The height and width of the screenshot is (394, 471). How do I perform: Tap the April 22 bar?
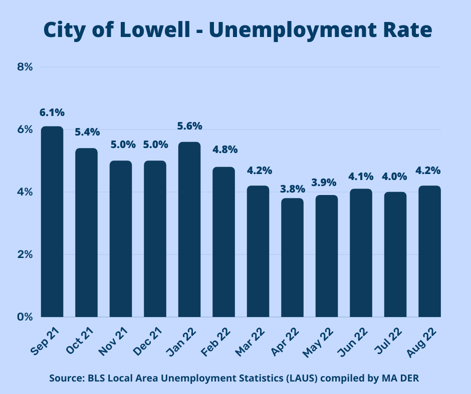coord(292,257)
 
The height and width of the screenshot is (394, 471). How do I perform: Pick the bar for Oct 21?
coord(86,232)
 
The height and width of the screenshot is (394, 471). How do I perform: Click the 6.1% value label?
coord(52,113)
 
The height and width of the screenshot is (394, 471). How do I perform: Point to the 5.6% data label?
coord(189,126)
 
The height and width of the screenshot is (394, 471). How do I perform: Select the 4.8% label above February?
coord(223,149)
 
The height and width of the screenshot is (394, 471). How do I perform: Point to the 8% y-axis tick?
coord(25,67)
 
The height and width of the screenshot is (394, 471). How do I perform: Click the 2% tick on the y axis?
coord(25,254)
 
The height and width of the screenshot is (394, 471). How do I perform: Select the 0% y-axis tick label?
coord(25,317)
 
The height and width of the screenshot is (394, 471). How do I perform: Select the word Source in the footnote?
coord(65,378)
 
